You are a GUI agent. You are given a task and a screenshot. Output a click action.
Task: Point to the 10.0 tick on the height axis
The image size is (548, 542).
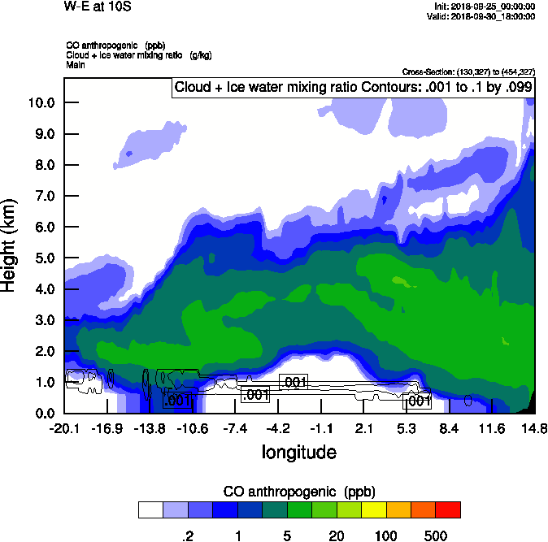click(41, 102)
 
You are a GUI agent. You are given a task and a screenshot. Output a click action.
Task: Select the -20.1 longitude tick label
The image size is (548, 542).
click(63, 428)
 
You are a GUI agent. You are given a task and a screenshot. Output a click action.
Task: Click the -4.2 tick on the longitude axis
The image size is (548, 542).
click(279, 428)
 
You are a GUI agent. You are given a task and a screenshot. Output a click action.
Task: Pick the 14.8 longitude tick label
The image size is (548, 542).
click(534, 428)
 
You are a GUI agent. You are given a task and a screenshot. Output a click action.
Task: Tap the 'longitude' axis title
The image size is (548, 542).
click(298, 451)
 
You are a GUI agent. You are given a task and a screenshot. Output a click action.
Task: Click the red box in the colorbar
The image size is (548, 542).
click(447, 510)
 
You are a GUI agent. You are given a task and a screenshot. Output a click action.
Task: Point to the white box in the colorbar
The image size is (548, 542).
click(150, 510)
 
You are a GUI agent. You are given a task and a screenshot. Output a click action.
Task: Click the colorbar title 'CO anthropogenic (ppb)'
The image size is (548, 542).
click(298, 492)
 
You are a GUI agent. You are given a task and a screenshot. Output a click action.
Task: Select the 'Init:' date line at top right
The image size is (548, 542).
click(485, 7)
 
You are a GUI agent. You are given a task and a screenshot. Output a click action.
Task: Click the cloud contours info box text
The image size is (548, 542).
click(353, 88)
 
